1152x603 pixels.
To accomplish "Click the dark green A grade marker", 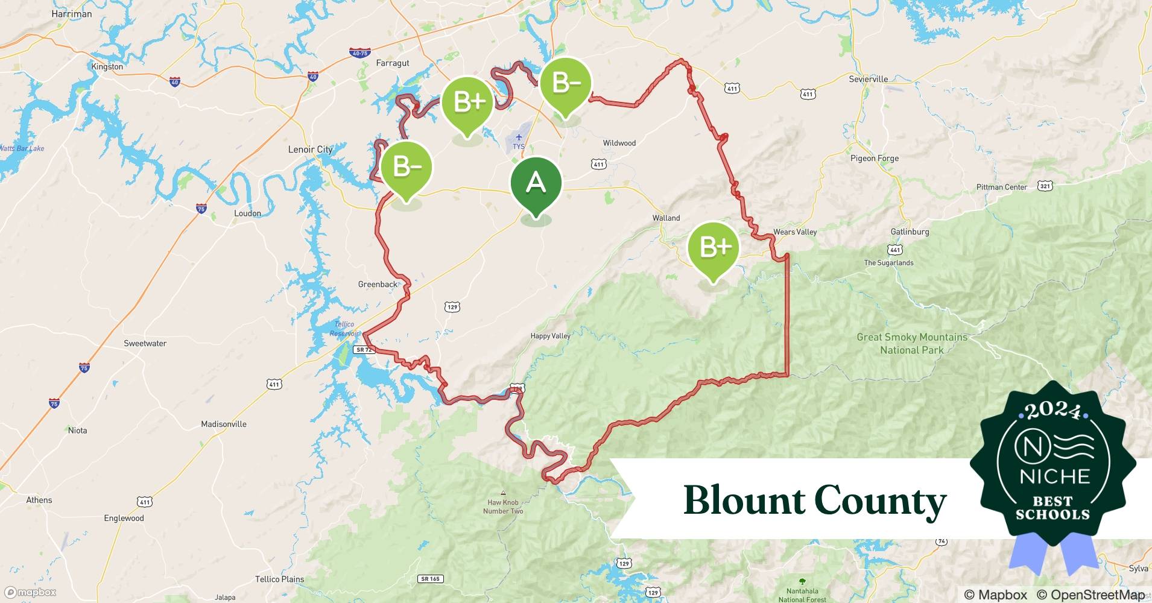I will [536, 183].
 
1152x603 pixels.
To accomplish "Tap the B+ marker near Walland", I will [714, 248].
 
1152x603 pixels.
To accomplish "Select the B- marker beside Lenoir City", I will [407, 168].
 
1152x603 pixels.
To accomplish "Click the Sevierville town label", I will [868, 79].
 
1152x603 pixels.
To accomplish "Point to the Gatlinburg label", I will [910, 232].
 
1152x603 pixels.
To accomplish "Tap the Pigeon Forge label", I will [874, 159].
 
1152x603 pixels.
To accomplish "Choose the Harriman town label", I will [72, 14].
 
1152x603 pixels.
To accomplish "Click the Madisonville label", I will [224, 424].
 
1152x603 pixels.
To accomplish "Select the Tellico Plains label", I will [279, 579].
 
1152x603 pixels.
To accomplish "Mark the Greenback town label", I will [378, 284].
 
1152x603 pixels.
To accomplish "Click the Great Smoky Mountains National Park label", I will [911, 344].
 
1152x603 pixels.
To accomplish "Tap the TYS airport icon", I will [519, 138].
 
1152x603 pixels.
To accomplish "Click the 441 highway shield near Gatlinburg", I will [895, 250].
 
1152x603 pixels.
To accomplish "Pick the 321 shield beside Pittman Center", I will [1045, 186].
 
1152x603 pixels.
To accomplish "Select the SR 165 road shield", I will [430, 579].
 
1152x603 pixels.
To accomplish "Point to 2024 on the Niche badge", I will [1052, 411].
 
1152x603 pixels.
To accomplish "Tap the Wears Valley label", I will [794, 232].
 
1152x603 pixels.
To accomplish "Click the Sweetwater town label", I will [145, 343].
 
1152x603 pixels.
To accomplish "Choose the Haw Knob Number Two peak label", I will [503, 507].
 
